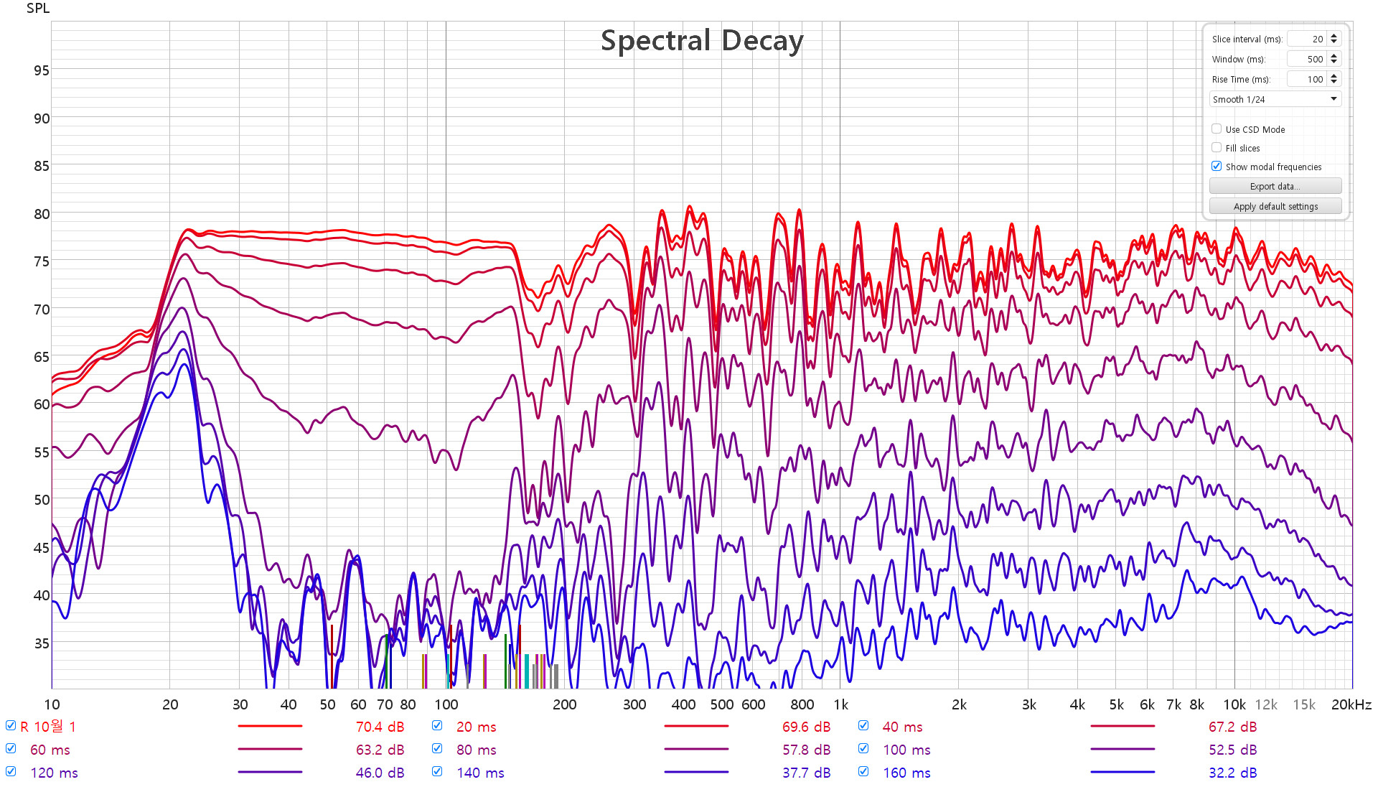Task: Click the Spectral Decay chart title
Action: point(701,41)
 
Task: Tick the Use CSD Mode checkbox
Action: point(1217,129)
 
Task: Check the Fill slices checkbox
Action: point(1217,148)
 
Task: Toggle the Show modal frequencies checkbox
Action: point(1217,167)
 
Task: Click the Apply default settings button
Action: point(1275,207)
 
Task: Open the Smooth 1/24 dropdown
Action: point(1275,99)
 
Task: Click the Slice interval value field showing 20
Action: point(1307,39)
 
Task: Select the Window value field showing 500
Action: point(1307,59)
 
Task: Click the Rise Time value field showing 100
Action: point(1307,79)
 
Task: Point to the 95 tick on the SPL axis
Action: point(42,70)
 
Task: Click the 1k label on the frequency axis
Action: point(840,705)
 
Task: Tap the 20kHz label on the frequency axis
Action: point(1351,705)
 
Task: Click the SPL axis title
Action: point(38,9)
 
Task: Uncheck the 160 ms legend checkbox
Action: point(863,772)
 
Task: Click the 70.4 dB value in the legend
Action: point(380,727)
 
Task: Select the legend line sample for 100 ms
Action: point(1122,750)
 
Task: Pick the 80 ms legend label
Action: point(477,750)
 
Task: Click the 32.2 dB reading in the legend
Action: point(1232,773)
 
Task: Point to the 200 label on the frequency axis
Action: point(564,705)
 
